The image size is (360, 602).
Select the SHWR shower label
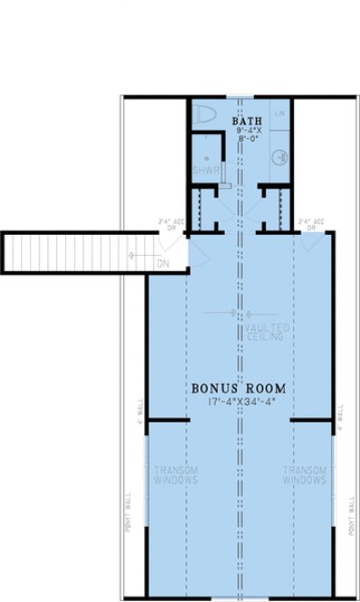tap(200, 170)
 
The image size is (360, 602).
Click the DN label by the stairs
tap(162, 264)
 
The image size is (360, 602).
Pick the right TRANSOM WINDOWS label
tap(305, 474)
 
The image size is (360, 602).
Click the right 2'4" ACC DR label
tap(311, 223)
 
